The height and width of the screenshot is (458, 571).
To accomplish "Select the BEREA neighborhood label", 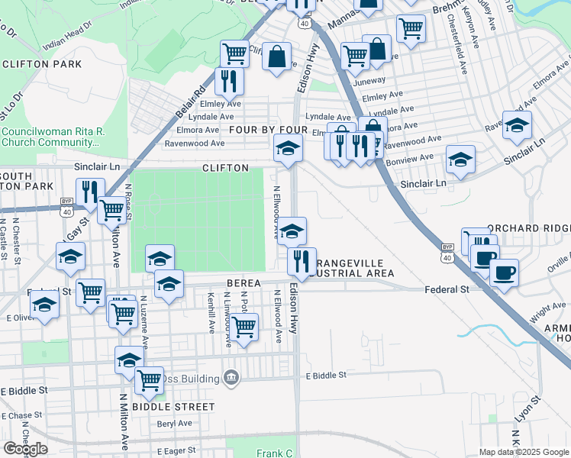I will pyautogui.click(x=244, y=283).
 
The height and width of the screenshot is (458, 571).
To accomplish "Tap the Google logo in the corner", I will pyautogui.click(x=25, y=449).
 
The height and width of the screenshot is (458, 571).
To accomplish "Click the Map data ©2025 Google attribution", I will pyautogui.click(x=523, y=452).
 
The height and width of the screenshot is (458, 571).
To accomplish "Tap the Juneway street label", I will pyautogui.click(x=369, y=79).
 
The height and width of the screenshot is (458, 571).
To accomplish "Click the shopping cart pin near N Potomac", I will pyautogui.click(x=244, y=327).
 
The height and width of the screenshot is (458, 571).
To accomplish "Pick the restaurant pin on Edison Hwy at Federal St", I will pyautogui.click(x=302, y=261).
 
